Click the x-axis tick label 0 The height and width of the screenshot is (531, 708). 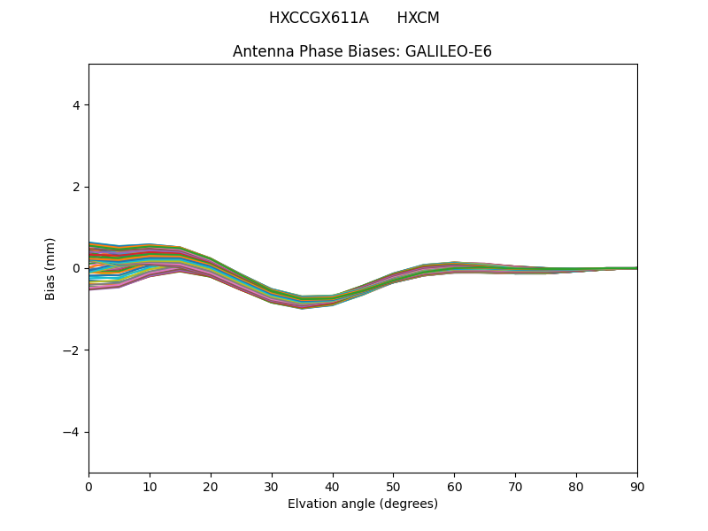pyautogui.click(x=88, y=486)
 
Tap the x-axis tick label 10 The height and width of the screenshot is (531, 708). pyautogui.click(x=150, y=486)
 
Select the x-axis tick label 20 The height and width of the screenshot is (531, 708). pyautogui.click(x=211, y=486)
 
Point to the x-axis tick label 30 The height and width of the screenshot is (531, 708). pyautogui.click(x=272, y=486)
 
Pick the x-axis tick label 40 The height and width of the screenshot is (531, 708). pyautogui.click(x=333, y=486)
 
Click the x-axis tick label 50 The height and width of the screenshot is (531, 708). pyautogui.click(x=393, y=486)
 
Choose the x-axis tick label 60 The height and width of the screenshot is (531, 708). pyautogui.click(x=454, y=486)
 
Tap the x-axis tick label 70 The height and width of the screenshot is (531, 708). pyautogui.click(x=515, y=486)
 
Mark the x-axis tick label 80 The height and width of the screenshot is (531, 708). pyautogui.click(x=576, y=486)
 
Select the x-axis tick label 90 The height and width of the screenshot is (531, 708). pyautogui.click(x=637, y=486)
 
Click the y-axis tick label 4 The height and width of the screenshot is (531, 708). pyautogui.click(x=76, y=105)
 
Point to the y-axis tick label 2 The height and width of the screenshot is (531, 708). pyautogui.click(x=76, y=187)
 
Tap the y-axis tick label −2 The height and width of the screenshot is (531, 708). pyautogui.click(x=73, y=350)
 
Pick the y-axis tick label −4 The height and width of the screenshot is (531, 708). pyautogui.click(x=73, y=432)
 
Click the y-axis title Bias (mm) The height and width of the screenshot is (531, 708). pyautogui.click(x=50, y=268)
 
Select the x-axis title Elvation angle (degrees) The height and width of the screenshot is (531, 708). pyautogui.click(x=363, y=504)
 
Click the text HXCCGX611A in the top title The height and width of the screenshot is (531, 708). pyautogui.click(x=319, y=18)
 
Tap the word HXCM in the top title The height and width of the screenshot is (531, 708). pyautogui.click(x=418, y=18)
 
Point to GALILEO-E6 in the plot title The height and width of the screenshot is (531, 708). pyautogui.click(x=449, y=51)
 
